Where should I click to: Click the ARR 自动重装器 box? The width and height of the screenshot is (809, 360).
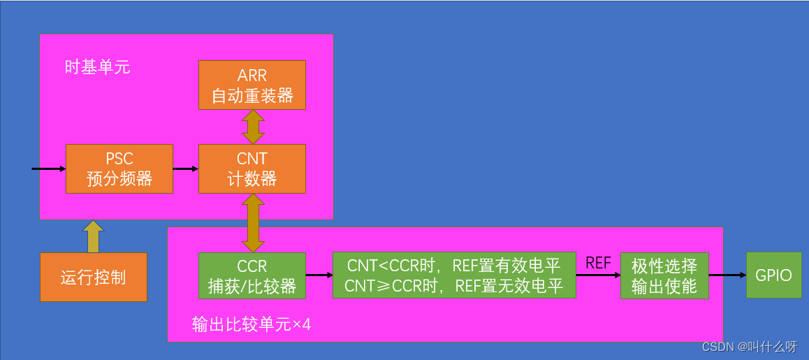point(252,85)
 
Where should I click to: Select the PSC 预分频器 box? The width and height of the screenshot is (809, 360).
point(119,168)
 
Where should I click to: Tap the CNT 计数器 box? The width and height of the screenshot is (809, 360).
point(252,168)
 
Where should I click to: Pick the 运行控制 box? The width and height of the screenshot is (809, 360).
point(93,277)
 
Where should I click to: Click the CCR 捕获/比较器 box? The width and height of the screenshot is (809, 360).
point(252,275)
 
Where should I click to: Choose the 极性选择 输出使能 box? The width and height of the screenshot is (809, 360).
point(664,275)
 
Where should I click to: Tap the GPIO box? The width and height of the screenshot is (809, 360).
point(773,275)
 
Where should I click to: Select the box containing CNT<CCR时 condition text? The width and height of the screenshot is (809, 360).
point(454,275)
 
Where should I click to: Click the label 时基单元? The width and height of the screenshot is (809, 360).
point(97,68)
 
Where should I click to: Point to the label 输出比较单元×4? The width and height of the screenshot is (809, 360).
point(251,324)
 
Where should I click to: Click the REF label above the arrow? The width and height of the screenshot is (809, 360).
point(598,263)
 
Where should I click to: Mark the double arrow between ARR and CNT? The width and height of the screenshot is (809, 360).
point(252,127)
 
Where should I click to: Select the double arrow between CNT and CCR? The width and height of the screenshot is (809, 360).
point(252,223)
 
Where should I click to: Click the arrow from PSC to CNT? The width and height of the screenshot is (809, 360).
point(185,168)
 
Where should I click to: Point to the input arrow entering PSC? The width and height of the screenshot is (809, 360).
point(49,168)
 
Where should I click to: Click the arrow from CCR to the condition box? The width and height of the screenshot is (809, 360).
point(319,275)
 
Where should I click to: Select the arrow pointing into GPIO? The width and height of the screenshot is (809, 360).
point(727,275)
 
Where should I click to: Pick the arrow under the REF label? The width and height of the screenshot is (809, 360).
point(598,275)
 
